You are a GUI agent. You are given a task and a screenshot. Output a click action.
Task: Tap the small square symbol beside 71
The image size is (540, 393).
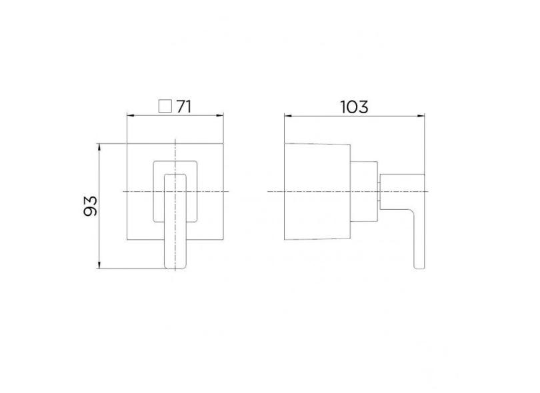[x=164, y=106]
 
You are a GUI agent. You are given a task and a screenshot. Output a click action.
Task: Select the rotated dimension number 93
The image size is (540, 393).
[x=91, y=205]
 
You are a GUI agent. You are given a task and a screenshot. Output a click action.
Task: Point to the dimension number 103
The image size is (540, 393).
[x=353, y=107]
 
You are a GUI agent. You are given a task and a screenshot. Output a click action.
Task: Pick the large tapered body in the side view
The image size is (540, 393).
[x=317, y=192]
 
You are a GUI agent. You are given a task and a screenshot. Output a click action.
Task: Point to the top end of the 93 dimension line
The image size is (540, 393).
[x=99, y=143]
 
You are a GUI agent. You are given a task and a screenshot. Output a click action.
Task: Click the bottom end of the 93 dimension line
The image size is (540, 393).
[x=99, y=269]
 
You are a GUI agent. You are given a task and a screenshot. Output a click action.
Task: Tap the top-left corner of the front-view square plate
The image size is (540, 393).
[x=127, y=143]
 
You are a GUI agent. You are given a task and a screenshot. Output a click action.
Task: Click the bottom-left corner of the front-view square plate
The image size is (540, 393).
[x=127, y=239]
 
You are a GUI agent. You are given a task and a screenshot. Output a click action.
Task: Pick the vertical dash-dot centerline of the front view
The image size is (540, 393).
[x=175, y=150]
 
